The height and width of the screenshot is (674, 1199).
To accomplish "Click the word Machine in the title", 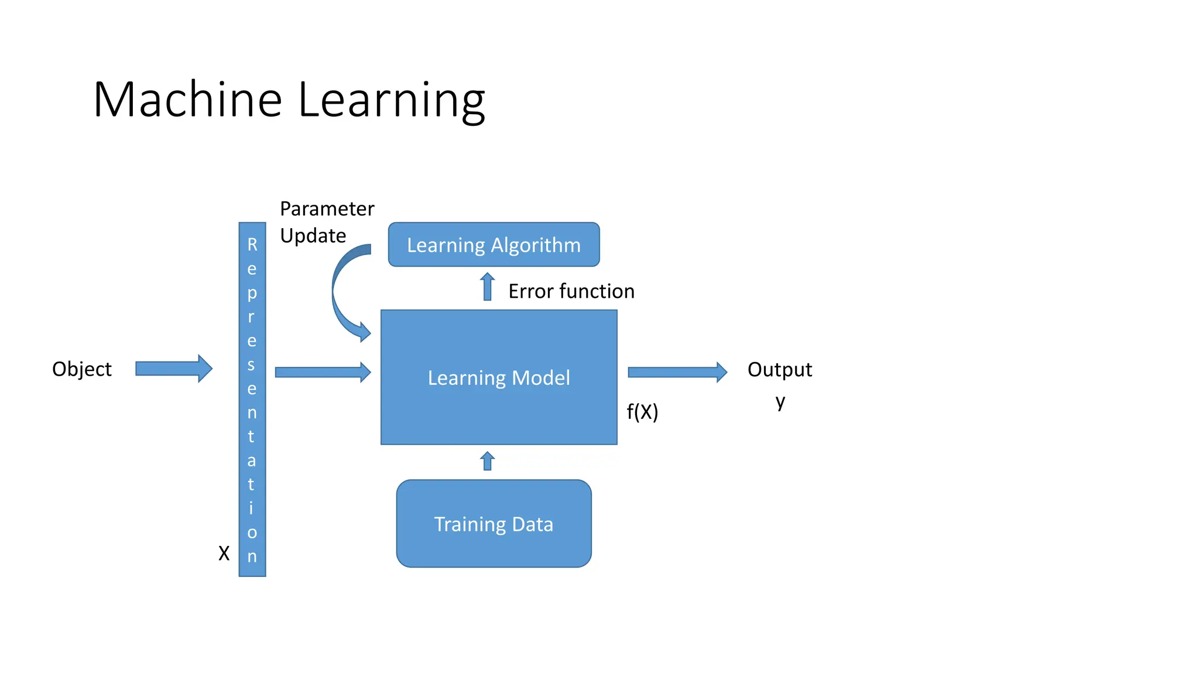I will click(188, 99).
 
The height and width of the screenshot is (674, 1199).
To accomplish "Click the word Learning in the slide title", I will click(391, 101).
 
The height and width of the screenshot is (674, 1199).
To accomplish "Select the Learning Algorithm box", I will click(494, 245).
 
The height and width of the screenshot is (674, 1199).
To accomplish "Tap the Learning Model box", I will click(499, 377).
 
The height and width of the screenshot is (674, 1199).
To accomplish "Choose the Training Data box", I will click(494, 524).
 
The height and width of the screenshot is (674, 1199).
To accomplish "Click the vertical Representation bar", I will click(252, 399).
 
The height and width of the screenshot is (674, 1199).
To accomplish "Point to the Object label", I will click(82, 369).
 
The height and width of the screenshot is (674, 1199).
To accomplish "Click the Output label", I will click(780, 370).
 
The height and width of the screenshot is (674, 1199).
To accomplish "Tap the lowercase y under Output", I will click(780, 401).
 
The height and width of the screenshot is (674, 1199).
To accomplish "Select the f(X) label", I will click(642, 412).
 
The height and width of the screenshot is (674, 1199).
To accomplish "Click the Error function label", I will click(571, 291).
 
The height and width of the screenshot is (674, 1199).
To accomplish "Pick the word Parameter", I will click(327, 209).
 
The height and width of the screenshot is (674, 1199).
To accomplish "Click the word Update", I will click(313, 236).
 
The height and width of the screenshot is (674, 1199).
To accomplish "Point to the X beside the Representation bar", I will click(224, 553).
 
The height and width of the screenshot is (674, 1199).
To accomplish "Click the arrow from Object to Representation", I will click(173, 369).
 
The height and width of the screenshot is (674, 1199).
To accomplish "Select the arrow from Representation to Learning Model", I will click(323, 372).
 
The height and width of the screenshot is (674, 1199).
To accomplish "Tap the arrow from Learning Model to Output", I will click(677, 372).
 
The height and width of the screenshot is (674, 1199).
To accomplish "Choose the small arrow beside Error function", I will click(487, 287).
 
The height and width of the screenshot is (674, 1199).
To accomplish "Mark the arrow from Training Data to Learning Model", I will click(487, 461).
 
